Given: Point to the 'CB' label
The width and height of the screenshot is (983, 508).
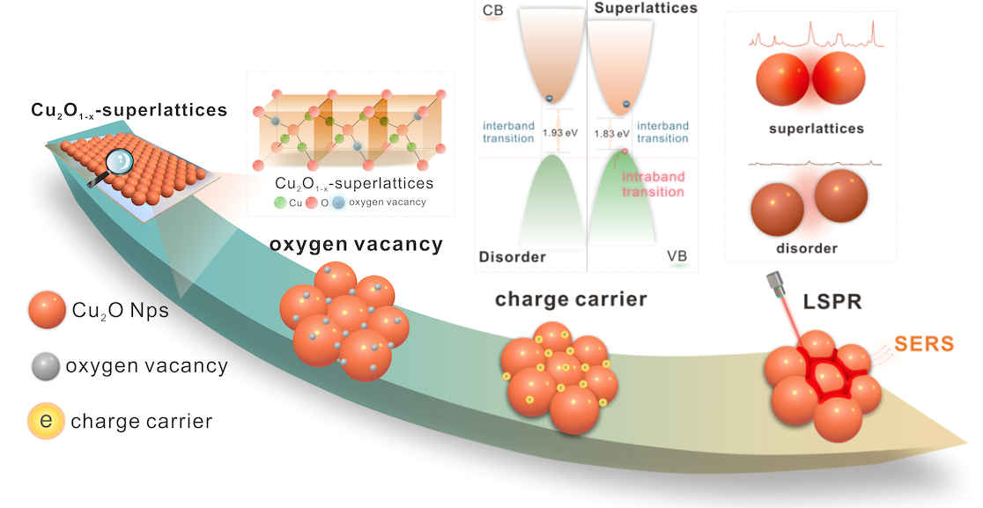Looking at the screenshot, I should coord(493,10).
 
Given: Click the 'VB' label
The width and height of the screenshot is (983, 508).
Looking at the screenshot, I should coord(677,256).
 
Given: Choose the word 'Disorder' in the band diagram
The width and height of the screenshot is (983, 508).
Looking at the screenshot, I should coord(513,257).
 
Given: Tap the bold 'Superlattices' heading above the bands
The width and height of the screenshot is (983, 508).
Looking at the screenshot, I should coord(646,8).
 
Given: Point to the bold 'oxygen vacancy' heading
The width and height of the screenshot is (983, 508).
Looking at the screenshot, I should coord(356,245).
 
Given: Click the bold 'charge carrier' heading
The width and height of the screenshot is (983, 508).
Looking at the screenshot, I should coord(571,298).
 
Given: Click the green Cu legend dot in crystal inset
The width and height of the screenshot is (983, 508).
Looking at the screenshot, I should coord(281,203).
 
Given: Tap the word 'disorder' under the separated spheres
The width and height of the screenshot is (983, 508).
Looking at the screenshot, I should coord(802,249).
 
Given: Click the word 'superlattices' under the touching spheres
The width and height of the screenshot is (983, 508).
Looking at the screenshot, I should coord(816,129).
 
